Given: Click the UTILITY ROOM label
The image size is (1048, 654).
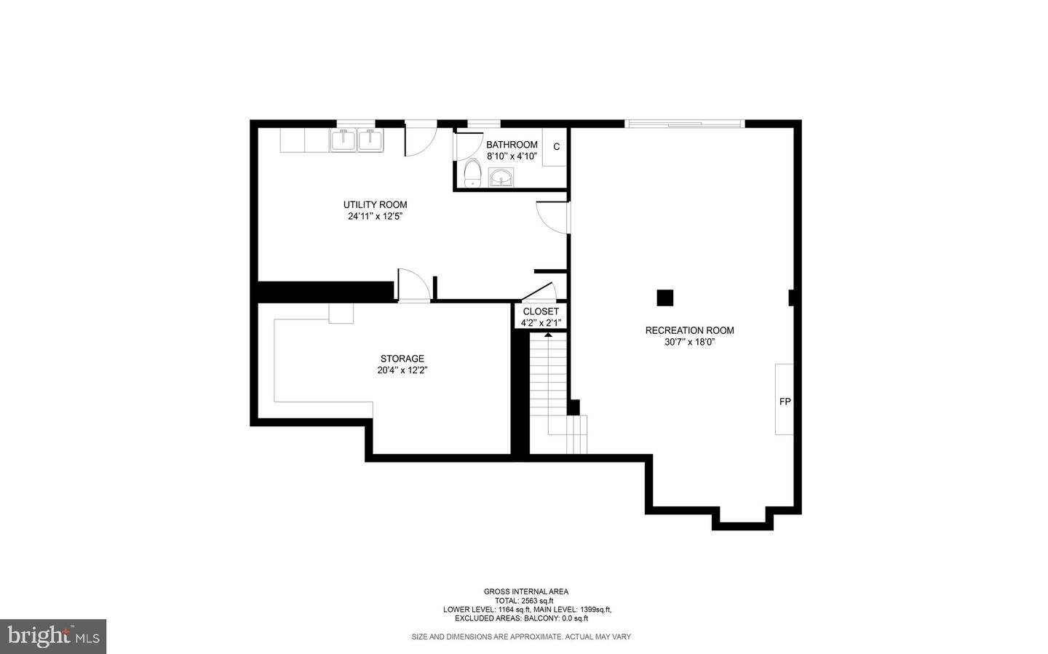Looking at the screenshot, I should (375, 204).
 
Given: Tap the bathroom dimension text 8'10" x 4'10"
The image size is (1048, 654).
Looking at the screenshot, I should (512, 156).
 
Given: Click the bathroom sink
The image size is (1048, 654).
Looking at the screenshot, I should (501, 177).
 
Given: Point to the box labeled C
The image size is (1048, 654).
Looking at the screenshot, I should (556, 147).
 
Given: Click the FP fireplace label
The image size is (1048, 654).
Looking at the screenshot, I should (785, 401).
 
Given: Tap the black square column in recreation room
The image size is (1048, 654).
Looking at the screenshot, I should (664, 298).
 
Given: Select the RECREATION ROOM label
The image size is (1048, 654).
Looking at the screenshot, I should (689, 330).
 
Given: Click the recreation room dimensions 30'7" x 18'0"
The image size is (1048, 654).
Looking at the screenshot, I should (689, 342).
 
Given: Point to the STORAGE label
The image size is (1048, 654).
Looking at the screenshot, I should (402, 359).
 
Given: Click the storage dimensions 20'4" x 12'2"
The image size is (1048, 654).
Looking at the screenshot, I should (402, 370).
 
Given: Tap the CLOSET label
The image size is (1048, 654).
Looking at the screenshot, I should (541, 311).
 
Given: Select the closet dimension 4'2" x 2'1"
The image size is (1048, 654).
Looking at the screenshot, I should (541, 323).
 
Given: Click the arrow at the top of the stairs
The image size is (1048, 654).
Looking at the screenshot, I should (547, 334).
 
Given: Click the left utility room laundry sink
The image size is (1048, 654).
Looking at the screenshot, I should (343, 139).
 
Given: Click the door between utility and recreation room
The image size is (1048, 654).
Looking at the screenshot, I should (553, 217).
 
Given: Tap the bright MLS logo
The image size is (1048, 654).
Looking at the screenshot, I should (53, 637).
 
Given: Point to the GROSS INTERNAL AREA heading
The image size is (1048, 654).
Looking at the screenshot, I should (525, 591).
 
